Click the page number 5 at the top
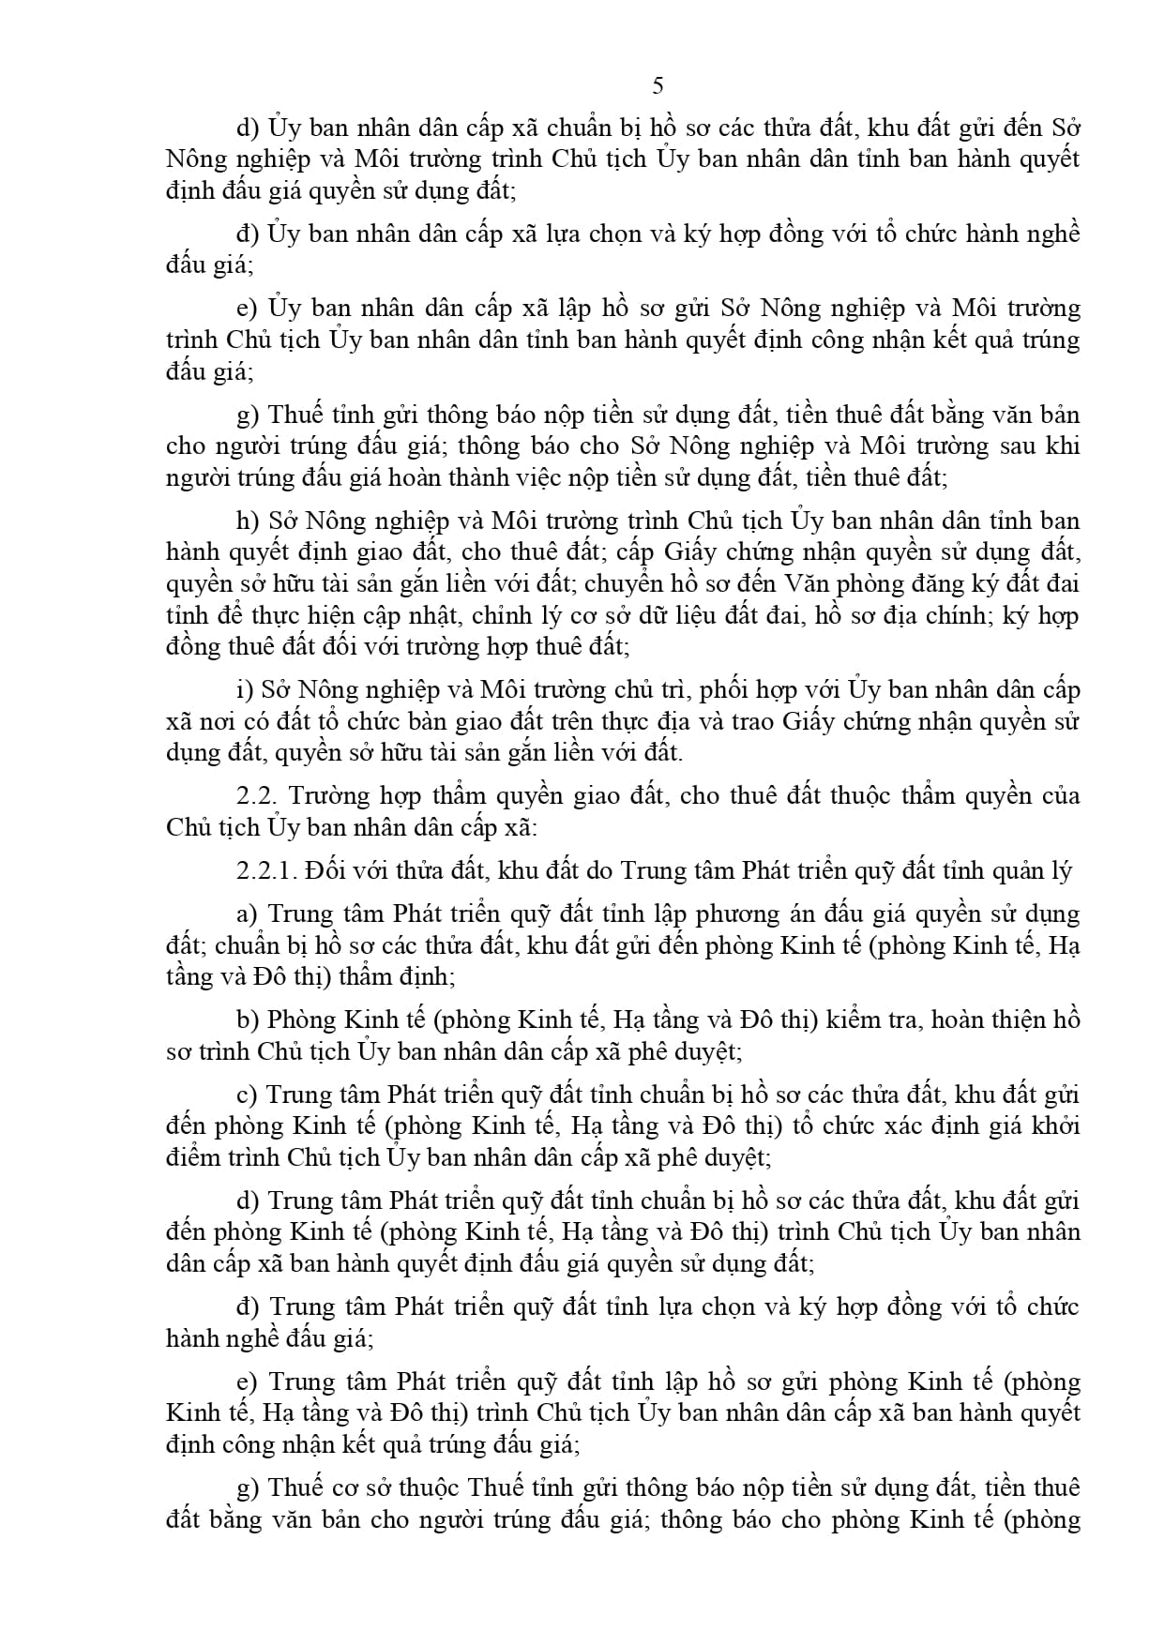tap(658, 86)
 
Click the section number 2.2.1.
tap(266, 871)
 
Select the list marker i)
tap(246, 690)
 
